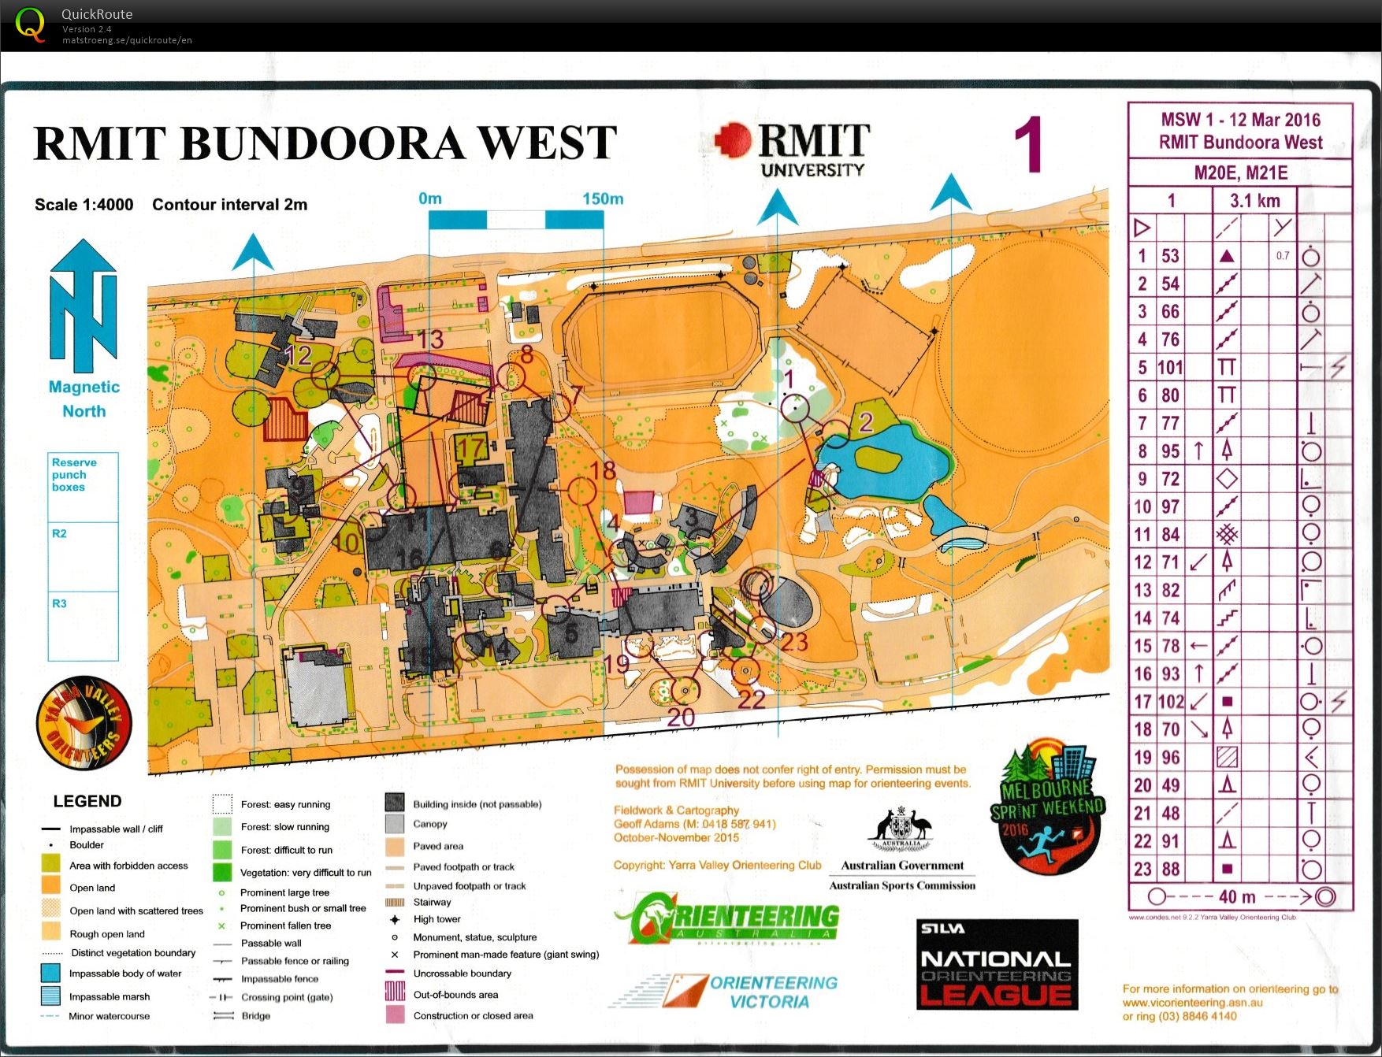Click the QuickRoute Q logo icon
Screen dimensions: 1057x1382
coord(30,24)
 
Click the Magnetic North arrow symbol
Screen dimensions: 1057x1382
coord(84,307)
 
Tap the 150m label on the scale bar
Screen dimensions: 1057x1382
coord(603,198)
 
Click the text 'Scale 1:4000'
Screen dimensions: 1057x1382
coord(84,205)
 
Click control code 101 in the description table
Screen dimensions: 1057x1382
coord(1170,368)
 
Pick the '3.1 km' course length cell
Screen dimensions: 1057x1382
coord(1254,201)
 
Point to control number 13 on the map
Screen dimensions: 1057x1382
coord(431,339)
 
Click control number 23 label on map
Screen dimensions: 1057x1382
coord(794,642)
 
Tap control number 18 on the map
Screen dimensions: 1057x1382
coord(603,471)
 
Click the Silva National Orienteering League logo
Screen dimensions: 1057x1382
coord(997,965)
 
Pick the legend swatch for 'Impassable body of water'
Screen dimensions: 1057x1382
coord(50,974)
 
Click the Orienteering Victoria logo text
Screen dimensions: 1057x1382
coord(772,992)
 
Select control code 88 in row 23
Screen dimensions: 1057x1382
coord(1170,870)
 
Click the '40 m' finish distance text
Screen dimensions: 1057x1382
coord(1237,897)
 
